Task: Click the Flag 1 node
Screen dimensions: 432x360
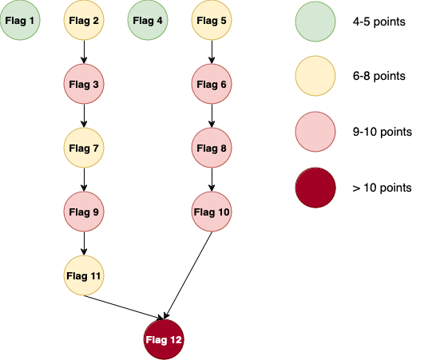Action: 20,20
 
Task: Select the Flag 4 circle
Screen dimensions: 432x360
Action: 148,20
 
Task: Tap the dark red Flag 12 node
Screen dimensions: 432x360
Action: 164,339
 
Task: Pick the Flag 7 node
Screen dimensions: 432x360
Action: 84,148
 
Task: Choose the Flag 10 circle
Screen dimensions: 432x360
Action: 212,212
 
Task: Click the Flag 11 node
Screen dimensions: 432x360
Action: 84,275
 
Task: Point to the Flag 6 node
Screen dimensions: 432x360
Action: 212,84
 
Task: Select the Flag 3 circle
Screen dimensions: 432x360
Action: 84,84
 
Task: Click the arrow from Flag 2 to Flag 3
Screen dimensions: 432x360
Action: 84,52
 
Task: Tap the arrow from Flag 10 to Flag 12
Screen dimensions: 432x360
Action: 188,275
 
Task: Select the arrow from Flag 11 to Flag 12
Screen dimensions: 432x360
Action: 124,307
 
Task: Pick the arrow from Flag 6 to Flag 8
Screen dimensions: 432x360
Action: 212,116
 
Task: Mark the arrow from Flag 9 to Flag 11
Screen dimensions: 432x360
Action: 84,243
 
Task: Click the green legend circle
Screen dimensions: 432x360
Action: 315,22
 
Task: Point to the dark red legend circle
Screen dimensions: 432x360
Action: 315,188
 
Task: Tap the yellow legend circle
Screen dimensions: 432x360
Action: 315,76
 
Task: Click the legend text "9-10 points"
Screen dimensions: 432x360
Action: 382,132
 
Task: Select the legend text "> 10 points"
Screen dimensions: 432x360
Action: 382,188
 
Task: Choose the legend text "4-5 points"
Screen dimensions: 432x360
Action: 378,22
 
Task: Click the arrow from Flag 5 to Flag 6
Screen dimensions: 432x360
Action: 212,52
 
